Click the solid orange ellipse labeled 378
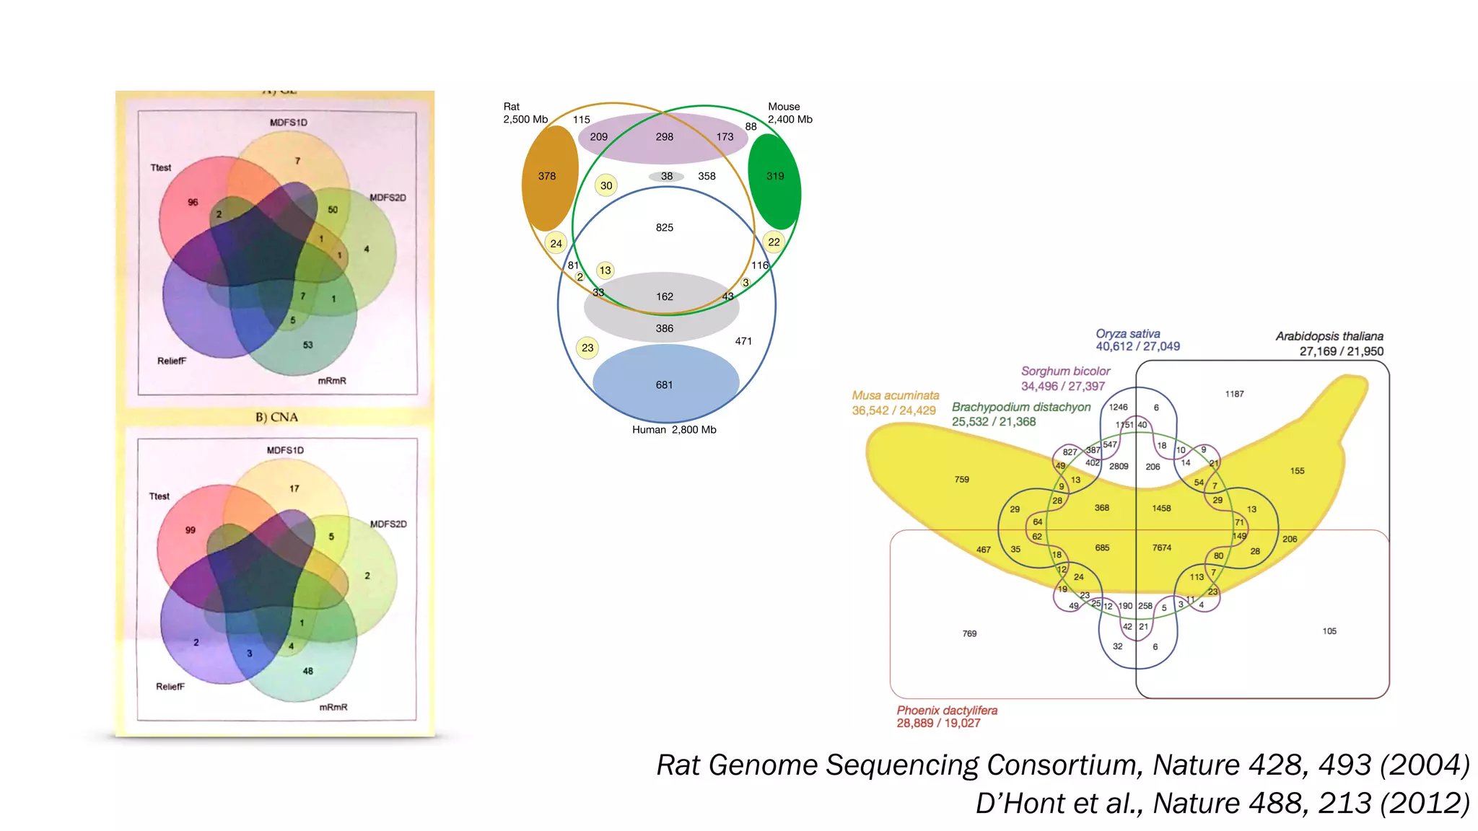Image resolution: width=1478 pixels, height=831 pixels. pyautogui.click(x=549, y=178)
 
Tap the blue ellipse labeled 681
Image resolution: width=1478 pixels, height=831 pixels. pyautogui.click(x=665, y=384)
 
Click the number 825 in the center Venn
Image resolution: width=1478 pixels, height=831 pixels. pyautogui.click(x=664, y=227)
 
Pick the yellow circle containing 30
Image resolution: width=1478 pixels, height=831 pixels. pyautogui.click(x=606, y=185)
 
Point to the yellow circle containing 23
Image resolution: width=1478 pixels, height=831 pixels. pyautogui.click(x=587, y=348)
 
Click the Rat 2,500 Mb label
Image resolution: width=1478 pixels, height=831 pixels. pyautogui.click(x=525, y=113)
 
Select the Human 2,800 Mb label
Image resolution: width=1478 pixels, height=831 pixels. pyautogui.click(x=674, y=429)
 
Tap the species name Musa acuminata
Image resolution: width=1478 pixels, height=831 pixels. pyautogui.click(x=895, y=395)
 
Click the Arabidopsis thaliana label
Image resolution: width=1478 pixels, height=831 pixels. pyautogui.click(x=1329, y=336)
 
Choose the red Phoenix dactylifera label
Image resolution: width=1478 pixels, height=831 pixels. pyautogui.click(x=946, y=711)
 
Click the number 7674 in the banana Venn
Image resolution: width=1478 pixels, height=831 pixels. pyautogui.click(x=1161, y=548)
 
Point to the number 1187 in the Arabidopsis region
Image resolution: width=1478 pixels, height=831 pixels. pyautogui.click(x=1234, y=394)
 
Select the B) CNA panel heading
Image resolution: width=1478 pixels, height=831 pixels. pyautogui.click(x=276, y=417)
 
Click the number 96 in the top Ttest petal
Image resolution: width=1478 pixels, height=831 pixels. pyautogui.click(x=193, y=202)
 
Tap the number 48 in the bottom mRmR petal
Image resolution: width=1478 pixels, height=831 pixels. pyautogui.click(x=308, y=671)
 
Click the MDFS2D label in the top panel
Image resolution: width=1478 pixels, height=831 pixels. pyautogui.click(x=388, y=198)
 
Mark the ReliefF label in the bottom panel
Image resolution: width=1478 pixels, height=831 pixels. pyautogui.click(x=170, y=687)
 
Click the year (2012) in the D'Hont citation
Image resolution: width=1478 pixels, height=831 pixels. pyautogui.click(x=1424, y=803)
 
